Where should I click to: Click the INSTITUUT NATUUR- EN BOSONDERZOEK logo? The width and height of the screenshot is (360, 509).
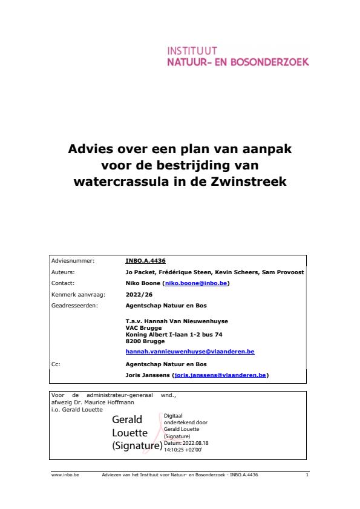[x=238, y=56]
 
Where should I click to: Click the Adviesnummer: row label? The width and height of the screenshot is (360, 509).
[x=73, y=261]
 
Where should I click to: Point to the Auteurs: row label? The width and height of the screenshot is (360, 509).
[x=65, y=272]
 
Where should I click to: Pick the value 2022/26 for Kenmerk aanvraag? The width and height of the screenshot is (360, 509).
[x=136, y=294]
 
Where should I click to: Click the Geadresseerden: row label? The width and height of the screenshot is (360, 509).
[x=75, y=305]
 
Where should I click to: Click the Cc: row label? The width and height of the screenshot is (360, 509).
[x=56, y=364]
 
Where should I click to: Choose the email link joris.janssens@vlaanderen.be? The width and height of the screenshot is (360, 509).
[x=220, y=375]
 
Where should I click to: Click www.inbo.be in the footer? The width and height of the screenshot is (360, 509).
[x=61, y=476]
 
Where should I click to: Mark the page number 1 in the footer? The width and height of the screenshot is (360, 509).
[x=307, y=476]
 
